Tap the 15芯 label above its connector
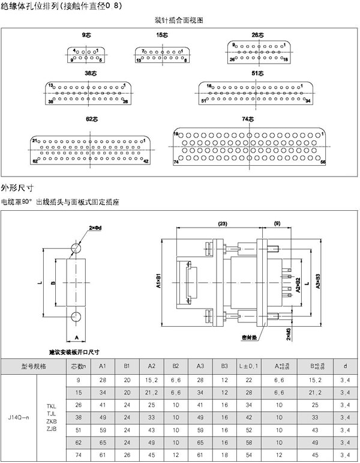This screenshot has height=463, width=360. (x=162, y=36)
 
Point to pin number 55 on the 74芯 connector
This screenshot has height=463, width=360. (x=323, y=162)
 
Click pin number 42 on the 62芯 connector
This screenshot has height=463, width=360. (x=146, y=162)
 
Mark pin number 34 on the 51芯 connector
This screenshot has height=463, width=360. (x=307, y=101)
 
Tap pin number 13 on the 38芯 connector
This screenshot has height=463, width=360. (x=51, y=85)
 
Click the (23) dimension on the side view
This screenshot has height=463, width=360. (x=222, y=224)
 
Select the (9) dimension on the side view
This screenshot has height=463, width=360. (x=277, y=224)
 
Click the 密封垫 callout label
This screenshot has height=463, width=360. (x=250, y=338)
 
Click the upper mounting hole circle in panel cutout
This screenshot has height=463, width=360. (x=77, y=248)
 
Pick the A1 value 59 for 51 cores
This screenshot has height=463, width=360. (x=103, y=430)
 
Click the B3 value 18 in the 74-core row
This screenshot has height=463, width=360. (x=224, y=457)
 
